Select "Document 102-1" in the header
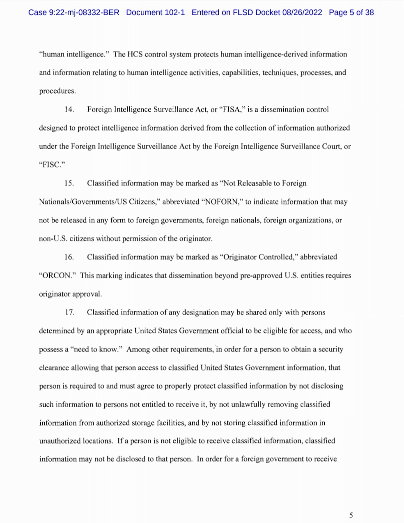[x=155, y=12]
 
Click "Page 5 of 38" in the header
[x=351, y=12]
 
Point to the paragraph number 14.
[x=69, y=110]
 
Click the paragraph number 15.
[x=69, y=183]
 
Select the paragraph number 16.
[x=69, y=257]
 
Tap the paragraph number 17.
[x=69, y=312]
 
